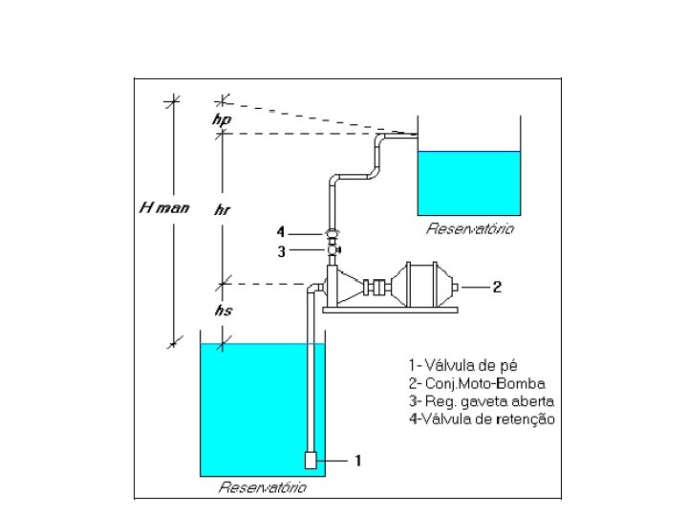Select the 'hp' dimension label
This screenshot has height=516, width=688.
(222, 120)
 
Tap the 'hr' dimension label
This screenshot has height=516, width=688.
(222, 209)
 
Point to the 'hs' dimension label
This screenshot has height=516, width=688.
(223, 311)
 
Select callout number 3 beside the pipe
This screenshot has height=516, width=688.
(281, 251)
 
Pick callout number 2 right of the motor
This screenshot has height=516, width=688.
(497, 286)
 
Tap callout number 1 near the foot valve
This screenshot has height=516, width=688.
(357, 460)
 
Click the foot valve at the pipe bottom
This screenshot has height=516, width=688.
(312, 460)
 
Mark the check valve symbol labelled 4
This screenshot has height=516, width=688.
(332, 233)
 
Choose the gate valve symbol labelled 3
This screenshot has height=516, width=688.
(333, 251)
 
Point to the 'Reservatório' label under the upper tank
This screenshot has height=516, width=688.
(470, 229)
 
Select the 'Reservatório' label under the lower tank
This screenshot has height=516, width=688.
(263, 487)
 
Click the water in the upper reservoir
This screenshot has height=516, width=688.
(469, 182)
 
